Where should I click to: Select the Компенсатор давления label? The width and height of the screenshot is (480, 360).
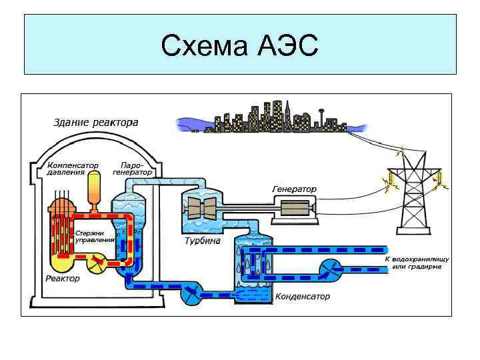(x=72, y=168)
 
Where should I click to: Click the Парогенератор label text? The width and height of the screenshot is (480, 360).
(x=133, y=168)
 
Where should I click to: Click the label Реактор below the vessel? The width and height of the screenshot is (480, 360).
(x=62, y=278)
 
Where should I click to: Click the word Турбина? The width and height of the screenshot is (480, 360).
(x=202, y=241)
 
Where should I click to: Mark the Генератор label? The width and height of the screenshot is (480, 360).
(x=294, y=189)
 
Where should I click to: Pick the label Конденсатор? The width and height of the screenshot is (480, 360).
(x=302, y=296)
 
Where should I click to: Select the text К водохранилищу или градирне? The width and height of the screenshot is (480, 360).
(x=417, y=262)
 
